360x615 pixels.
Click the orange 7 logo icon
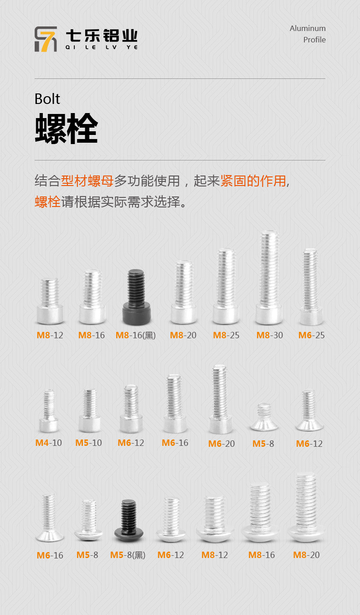46,39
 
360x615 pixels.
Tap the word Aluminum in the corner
308,28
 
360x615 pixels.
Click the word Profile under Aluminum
314,40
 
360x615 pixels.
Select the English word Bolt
47,99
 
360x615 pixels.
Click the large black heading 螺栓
67,128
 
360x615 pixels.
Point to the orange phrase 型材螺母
87,181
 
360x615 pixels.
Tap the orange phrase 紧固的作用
253,181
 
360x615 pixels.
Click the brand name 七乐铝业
102,36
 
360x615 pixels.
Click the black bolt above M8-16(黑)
136,297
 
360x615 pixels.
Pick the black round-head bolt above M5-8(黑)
129,520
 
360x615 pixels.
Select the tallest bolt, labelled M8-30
269,277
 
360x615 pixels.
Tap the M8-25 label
226,335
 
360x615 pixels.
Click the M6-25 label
311,335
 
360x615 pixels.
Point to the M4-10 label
49,443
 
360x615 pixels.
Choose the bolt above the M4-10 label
49,411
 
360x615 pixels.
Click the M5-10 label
88,443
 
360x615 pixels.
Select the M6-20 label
221,444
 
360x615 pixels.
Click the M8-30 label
269,335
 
